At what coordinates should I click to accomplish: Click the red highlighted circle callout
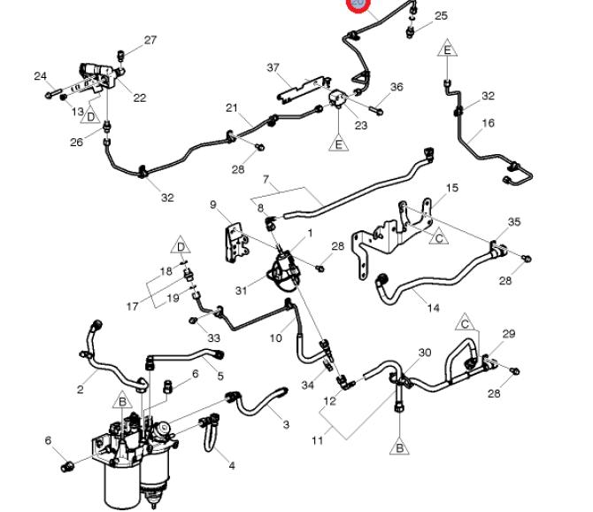[x=358, y=4]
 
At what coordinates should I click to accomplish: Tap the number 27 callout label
[x=150, y=40]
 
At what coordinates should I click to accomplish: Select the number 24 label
[x=40, y=76]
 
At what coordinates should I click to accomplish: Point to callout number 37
[x=273, y=68]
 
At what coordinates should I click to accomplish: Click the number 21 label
[x=232, y=108]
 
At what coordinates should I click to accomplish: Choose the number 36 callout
[x=397, y=87]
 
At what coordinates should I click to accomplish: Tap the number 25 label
[x=441, y=16]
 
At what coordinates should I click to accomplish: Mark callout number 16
[x=488, y=124]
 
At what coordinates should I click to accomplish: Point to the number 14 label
[x=434, y=308]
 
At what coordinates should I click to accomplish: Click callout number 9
[x=213, y=206]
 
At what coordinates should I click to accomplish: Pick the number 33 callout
[x=213, y=337]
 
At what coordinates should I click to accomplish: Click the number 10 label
[x=276, y=337]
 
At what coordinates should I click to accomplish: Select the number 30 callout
[x=425, y=353]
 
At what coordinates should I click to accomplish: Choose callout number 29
[x=509, y=334]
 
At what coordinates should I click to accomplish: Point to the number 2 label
[x=81, y=389]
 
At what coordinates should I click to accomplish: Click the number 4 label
[x=232, y=465]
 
